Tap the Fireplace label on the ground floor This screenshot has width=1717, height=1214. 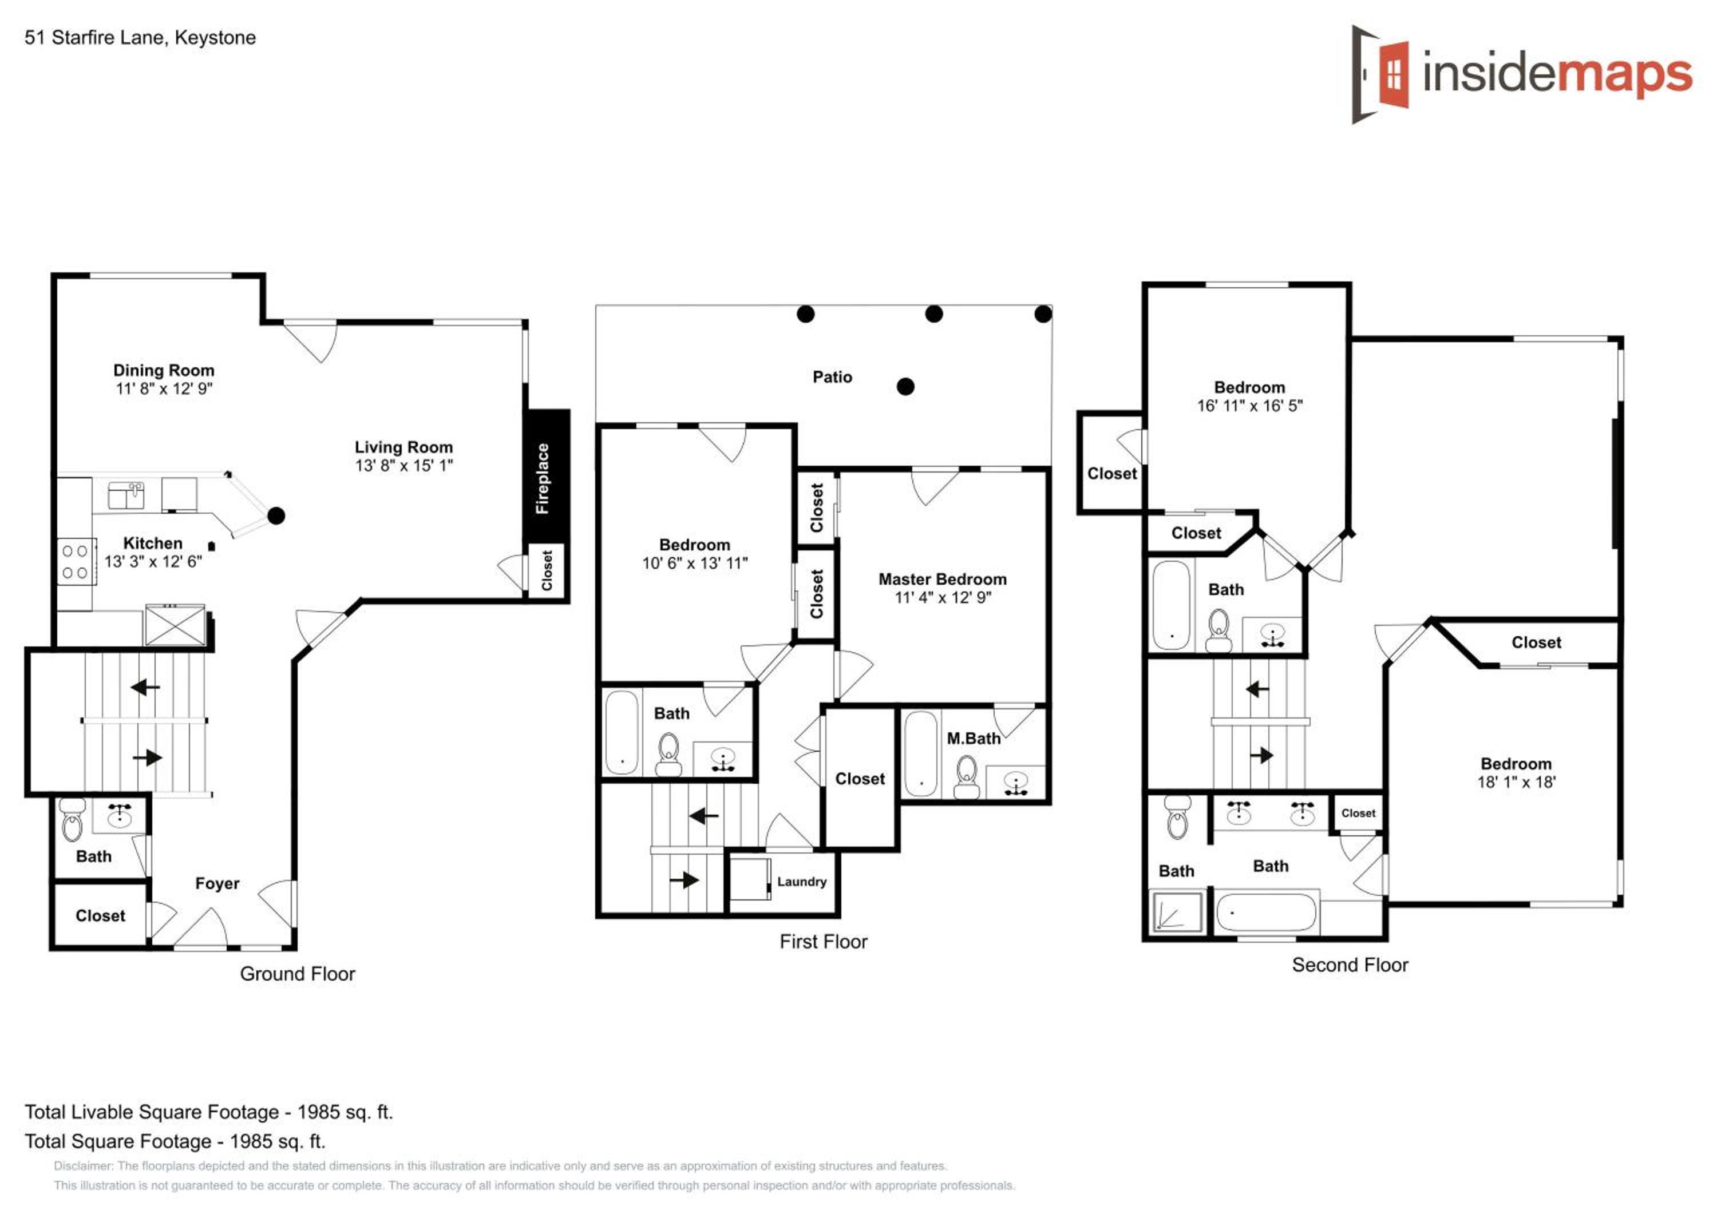542,478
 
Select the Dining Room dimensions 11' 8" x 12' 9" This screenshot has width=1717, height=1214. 164,388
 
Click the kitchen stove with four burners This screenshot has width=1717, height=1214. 76,562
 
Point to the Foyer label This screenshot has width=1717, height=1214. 217,883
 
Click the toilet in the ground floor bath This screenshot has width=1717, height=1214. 72,820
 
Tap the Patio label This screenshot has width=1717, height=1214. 832,377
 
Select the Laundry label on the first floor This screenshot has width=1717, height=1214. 802,882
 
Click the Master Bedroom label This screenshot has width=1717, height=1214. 942,580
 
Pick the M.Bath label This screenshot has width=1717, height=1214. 973,739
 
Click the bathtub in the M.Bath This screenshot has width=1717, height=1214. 920,753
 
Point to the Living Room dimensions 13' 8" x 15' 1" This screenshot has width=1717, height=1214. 404,466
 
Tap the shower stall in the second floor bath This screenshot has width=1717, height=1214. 1178,911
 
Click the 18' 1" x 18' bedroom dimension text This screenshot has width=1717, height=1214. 1516,783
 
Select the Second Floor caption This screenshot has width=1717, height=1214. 1350,965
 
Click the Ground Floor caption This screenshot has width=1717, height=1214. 297,974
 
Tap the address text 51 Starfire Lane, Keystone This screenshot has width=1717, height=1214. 140,37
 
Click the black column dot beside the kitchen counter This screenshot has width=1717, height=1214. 276,516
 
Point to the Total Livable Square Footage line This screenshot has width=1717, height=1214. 209,1112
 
